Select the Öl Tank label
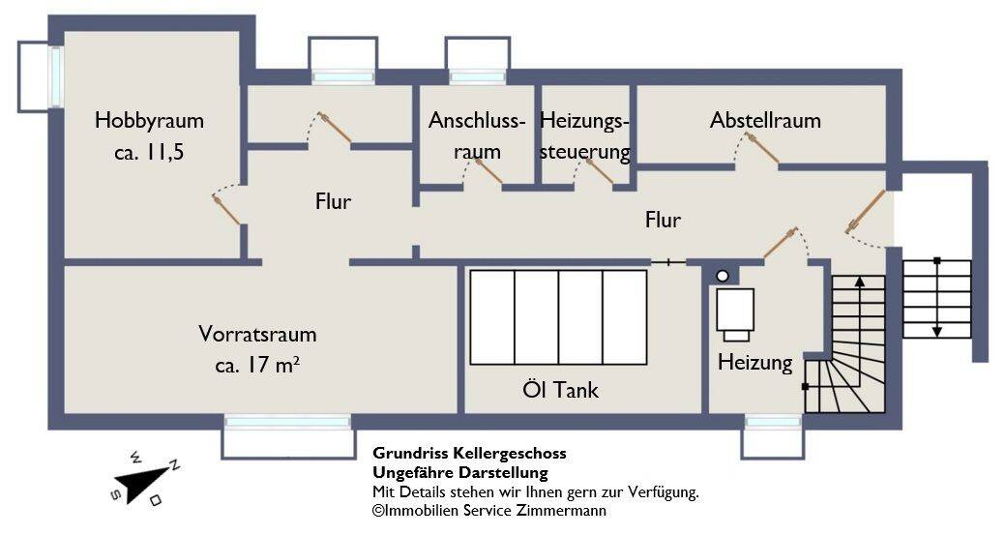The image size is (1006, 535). [560, 390]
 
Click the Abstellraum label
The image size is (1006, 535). [764, 121]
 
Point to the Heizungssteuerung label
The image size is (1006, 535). [584, 136]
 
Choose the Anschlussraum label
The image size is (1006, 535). [477, 136]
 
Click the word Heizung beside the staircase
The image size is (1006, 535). [754, 363]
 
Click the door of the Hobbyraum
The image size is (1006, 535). [227, 208]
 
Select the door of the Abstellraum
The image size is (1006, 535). [761, 148]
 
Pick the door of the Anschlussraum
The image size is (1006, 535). [487, 170]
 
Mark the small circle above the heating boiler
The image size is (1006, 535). [722, 277]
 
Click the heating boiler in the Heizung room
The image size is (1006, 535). [736, 312]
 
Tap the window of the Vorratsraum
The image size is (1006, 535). [287, 422]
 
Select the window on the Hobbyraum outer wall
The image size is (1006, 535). [56, 76]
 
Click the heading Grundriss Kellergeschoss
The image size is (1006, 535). [469, 453]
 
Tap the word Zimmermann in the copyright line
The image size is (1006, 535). [561, 511]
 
